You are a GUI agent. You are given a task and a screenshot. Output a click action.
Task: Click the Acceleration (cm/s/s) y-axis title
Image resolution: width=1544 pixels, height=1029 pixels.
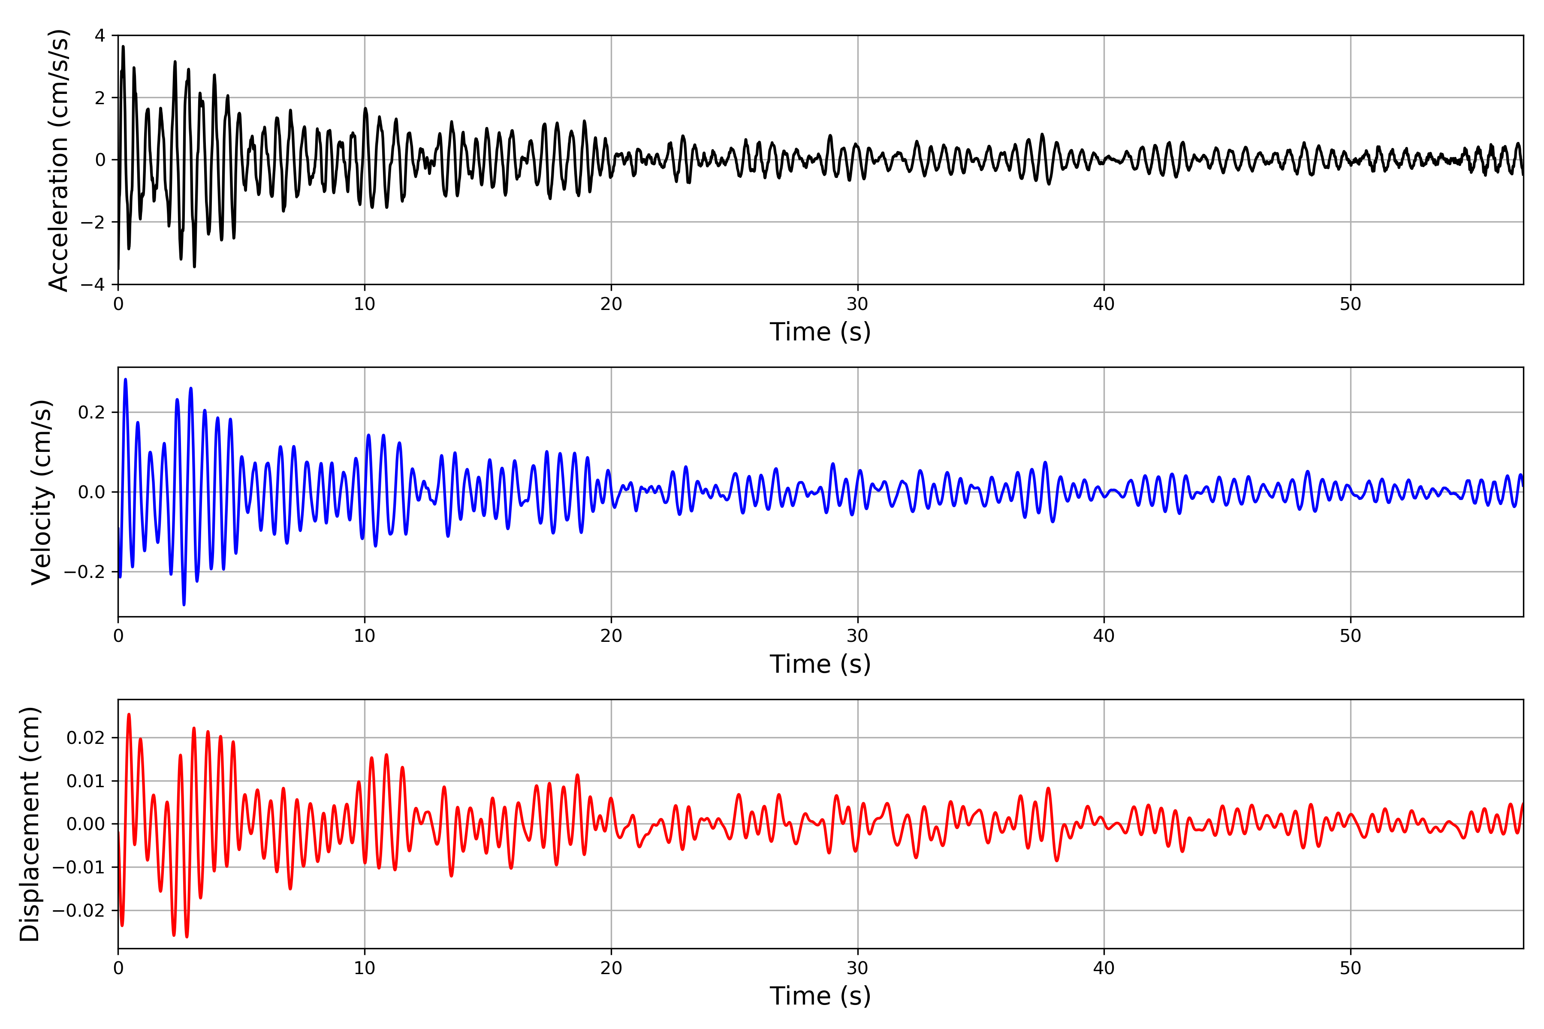(x=59, y=160)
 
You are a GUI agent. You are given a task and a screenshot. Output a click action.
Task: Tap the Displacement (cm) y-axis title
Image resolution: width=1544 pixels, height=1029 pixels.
(x=30, y=824)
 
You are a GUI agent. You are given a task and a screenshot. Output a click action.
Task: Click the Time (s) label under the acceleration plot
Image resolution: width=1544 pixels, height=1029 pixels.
(x=820, y=332)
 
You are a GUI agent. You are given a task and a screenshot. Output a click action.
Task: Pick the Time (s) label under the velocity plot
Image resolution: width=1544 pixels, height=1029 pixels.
(x=820, y=664)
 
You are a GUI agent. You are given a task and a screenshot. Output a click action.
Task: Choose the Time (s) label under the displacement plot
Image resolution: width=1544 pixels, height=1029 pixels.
(x=820, y=996)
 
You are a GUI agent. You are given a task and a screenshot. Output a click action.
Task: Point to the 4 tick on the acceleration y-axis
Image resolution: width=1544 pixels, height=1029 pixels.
(x=100, y=36)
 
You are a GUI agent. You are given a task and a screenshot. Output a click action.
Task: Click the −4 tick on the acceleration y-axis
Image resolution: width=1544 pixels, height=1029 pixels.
(x=93, y=284)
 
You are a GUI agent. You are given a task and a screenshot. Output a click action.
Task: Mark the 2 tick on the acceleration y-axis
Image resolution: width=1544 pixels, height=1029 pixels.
(x=100, y=98)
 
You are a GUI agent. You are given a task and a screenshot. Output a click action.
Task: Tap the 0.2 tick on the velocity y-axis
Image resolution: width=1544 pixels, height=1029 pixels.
(x=91, y=412)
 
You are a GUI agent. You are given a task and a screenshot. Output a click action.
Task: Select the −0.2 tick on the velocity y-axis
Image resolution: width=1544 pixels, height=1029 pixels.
(x=84, y=572)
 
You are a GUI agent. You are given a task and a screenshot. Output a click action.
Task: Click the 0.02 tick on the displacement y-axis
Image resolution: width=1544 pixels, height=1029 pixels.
(x=85, y=737)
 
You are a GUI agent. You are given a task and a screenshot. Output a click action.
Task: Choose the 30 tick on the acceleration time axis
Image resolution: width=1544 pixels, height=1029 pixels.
(x=857, y=304)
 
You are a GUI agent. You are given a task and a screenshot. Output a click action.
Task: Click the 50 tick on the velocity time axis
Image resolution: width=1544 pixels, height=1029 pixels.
(x=1350, y=636)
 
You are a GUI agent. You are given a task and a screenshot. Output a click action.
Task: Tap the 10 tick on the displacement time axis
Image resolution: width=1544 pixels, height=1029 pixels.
(x=364, y=968)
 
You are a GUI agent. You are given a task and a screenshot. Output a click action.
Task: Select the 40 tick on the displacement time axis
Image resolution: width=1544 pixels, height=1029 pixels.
(x=1104, y=968)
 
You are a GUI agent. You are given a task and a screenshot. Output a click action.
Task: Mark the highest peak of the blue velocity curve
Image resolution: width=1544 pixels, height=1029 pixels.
(x=125, y=379)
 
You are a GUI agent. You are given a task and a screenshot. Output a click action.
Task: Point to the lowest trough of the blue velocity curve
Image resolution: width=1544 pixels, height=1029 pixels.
(x=184, y=605)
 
